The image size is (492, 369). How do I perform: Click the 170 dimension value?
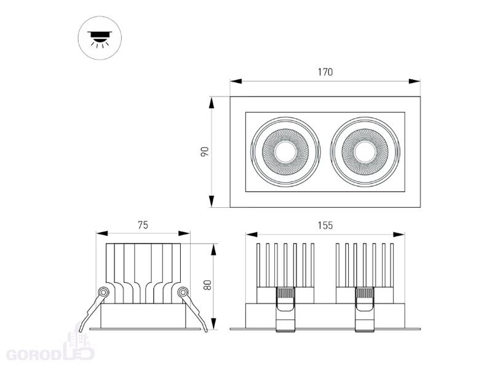pos(325,72)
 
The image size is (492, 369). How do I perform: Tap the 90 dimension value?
pos(205,152)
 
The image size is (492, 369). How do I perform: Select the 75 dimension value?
pos(143,225)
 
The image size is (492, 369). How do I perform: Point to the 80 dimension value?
pos(207,285)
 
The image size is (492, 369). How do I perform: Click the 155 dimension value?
pos(325,225)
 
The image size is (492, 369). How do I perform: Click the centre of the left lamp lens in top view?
pos(285,152)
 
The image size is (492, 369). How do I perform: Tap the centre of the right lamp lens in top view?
pos(365,152)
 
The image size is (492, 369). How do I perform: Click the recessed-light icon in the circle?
pos(100,38)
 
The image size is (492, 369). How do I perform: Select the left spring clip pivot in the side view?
pos(103,293)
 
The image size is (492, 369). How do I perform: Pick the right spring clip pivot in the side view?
pos(183,293)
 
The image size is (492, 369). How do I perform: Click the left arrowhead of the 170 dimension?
pos(236,81)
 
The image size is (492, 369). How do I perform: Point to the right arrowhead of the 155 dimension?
pos(399,234)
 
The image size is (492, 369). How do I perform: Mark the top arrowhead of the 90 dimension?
pos(212,103)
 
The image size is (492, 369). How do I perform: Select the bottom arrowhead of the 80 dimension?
pos(213,323)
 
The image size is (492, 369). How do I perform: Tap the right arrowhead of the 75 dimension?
pos(184,233)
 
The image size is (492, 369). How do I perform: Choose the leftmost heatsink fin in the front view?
pos(258,265)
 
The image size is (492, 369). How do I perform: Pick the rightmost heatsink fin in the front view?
pos(392,265)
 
